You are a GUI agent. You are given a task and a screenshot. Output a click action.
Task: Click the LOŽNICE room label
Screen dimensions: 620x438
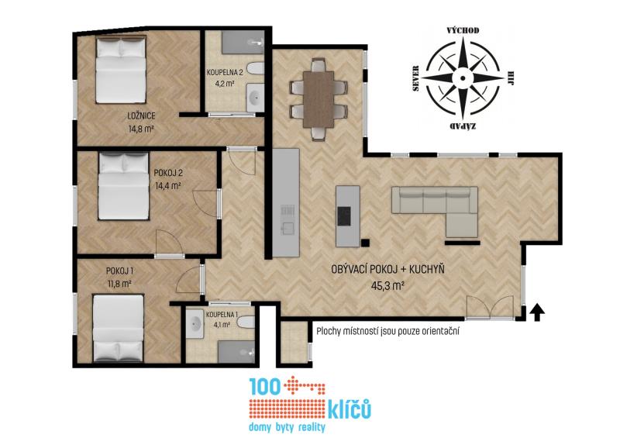click(141, 116)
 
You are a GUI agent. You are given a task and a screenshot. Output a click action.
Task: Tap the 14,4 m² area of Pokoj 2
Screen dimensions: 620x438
click(168, 185)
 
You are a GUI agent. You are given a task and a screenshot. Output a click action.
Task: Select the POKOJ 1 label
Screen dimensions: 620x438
click(119, 271)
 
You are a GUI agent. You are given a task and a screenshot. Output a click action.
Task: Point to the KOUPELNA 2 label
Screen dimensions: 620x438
click(225, 72)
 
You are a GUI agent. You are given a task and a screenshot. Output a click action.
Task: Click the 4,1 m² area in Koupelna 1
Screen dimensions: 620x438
click(222, 325)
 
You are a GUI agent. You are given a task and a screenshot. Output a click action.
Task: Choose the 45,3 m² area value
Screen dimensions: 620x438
click(387, 285)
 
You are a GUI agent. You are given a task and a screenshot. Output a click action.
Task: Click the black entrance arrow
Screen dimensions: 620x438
click(536, 312)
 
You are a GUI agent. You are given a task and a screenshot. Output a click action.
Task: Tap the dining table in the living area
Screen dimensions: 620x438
click(319, 99)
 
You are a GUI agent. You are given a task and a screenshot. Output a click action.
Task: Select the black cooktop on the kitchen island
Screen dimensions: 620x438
click(343, 216)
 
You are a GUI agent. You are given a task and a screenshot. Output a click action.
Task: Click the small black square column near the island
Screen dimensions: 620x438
click(365, 243)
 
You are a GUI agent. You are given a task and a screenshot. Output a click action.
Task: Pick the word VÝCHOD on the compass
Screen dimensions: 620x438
click(463, 30)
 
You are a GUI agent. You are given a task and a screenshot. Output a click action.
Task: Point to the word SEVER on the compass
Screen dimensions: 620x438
click(415, 78)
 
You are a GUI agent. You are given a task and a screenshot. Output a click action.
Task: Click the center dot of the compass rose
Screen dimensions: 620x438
click(463, 78)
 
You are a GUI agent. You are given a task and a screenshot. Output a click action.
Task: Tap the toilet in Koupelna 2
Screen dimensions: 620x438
click(256, 69)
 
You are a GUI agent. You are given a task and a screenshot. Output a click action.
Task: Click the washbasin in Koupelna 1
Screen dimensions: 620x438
click(195, 323)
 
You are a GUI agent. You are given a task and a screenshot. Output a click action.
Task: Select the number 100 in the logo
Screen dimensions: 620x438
click(264, 386)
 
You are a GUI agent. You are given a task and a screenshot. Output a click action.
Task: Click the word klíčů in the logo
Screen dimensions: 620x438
click(350, 409)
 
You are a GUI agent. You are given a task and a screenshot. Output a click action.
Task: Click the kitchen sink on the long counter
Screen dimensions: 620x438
click(288, 228)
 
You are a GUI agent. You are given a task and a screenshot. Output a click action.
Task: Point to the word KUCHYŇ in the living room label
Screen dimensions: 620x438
click(427, 269)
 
